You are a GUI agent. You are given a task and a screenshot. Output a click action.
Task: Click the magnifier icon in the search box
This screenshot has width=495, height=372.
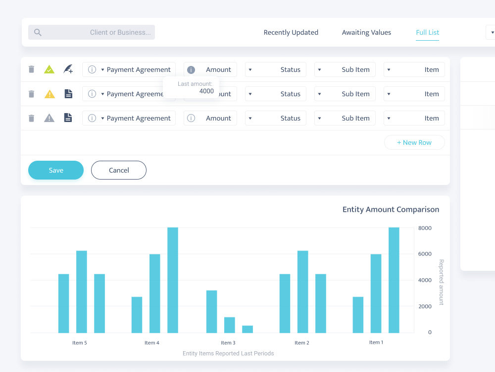click(x=38, y=32)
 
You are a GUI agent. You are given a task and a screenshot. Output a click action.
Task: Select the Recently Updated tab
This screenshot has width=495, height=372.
click(x=291, y=32)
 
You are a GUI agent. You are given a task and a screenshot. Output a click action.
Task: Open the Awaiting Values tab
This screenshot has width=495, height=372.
click(x=366, y=32)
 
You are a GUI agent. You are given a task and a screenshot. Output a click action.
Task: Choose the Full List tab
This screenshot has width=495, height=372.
click(x=428, y=32)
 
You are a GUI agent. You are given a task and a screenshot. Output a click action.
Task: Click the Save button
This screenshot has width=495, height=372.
click(x=56, y=170)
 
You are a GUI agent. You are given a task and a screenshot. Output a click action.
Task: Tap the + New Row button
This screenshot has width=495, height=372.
click(x=414, y=142)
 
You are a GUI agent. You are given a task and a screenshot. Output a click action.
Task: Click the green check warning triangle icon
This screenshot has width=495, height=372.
click(x=49, y=69)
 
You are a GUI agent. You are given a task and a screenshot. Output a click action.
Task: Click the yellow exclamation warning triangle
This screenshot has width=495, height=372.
click(x=49, y=94)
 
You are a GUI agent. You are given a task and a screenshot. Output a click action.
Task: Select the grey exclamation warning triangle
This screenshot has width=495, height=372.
click(x=49, y=118)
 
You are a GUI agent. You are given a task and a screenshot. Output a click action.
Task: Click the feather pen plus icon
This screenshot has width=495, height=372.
click(x=68, y=69)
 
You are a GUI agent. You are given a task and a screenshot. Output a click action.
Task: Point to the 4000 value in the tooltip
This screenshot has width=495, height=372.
click(x=206, y=91)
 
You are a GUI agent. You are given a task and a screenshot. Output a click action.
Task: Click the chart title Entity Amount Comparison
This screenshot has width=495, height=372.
click(x=391, y=209)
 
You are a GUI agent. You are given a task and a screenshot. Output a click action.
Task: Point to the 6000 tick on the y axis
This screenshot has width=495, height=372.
click(x=425, y=253)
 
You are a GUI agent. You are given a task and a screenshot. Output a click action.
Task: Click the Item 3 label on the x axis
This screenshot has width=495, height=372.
click(x=228, y=343)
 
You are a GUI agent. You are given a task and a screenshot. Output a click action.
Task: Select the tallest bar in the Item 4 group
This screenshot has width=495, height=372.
click(x=173, y=280)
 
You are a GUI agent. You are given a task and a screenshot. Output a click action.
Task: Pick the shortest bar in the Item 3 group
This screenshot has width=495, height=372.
click(x=247, y=329)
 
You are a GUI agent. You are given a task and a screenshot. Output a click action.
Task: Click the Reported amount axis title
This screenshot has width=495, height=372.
click(x=442, y=282)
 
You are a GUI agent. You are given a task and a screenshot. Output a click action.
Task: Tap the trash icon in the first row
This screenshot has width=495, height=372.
click(x=31, y=69)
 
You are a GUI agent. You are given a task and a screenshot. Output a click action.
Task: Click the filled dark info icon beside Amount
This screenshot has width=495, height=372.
click(x=191, y=69)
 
